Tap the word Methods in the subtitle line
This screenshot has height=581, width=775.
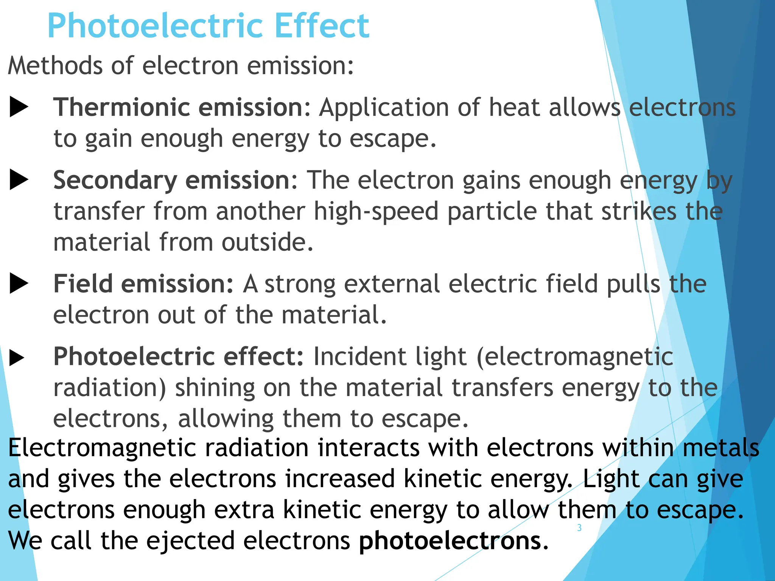coord(55,65)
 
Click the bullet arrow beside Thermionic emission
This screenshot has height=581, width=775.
coord(19,107)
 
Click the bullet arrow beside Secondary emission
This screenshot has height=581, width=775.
coord(19,180)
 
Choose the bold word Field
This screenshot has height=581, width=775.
coord(83,284)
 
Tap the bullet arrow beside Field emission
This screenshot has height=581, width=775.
coord(19,284)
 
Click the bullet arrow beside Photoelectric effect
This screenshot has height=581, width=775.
coord(17,358)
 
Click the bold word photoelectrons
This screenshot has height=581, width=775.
coord(450,541)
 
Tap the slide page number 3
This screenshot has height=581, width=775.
coord(579,528)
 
